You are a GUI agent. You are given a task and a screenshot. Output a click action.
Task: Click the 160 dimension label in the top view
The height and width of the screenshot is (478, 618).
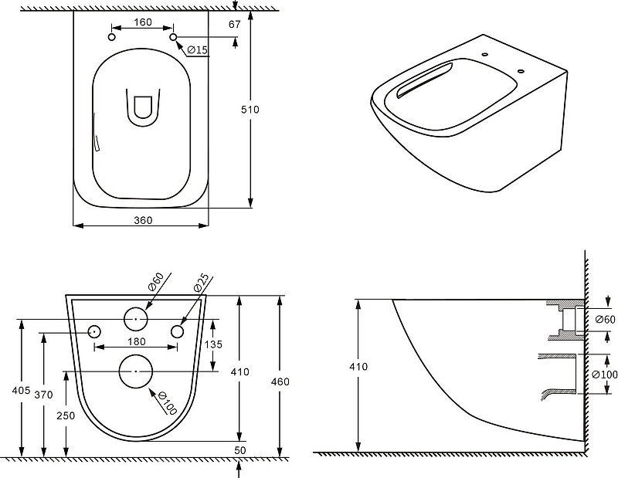(x=143, y=22)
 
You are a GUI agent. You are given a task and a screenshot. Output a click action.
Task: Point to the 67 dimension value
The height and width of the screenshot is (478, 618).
(x=235, y=25)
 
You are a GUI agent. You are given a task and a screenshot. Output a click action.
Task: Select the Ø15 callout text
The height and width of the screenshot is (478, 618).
(x=198, y=49)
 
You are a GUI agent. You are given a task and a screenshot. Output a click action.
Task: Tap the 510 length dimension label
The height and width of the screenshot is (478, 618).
(x=250, y=109)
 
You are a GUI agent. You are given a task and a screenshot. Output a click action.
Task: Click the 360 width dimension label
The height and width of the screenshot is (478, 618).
(x=143, y=220)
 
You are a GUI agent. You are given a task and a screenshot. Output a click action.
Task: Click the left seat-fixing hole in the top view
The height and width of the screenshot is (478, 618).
(x=112, y=37)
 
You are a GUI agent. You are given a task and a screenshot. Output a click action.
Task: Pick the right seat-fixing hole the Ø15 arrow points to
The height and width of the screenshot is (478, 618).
(x=173, y=37)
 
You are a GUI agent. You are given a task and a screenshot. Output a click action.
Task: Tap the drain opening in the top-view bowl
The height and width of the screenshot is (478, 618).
(x=143, y=107)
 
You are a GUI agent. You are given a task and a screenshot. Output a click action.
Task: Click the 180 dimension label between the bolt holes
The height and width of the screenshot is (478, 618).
(x=137, y=341)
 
